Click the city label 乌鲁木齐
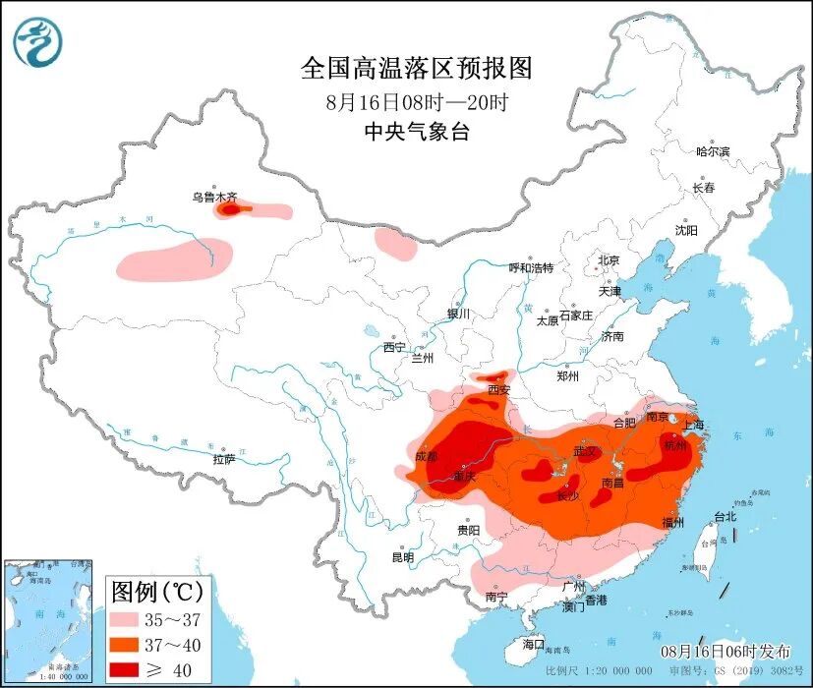[x=214, y=198]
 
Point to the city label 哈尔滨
[x=713, y=151]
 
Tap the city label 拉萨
[x=223, y=459]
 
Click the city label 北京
[x=609, y=260]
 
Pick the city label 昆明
[x=403, y=557]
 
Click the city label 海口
[x=534, y=644]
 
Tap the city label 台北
[x=725, y=517]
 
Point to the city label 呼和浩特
[x=531, y=267]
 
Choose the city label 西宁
[x=394, y=347]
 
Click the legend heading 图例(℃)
[x=157, y=592]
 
